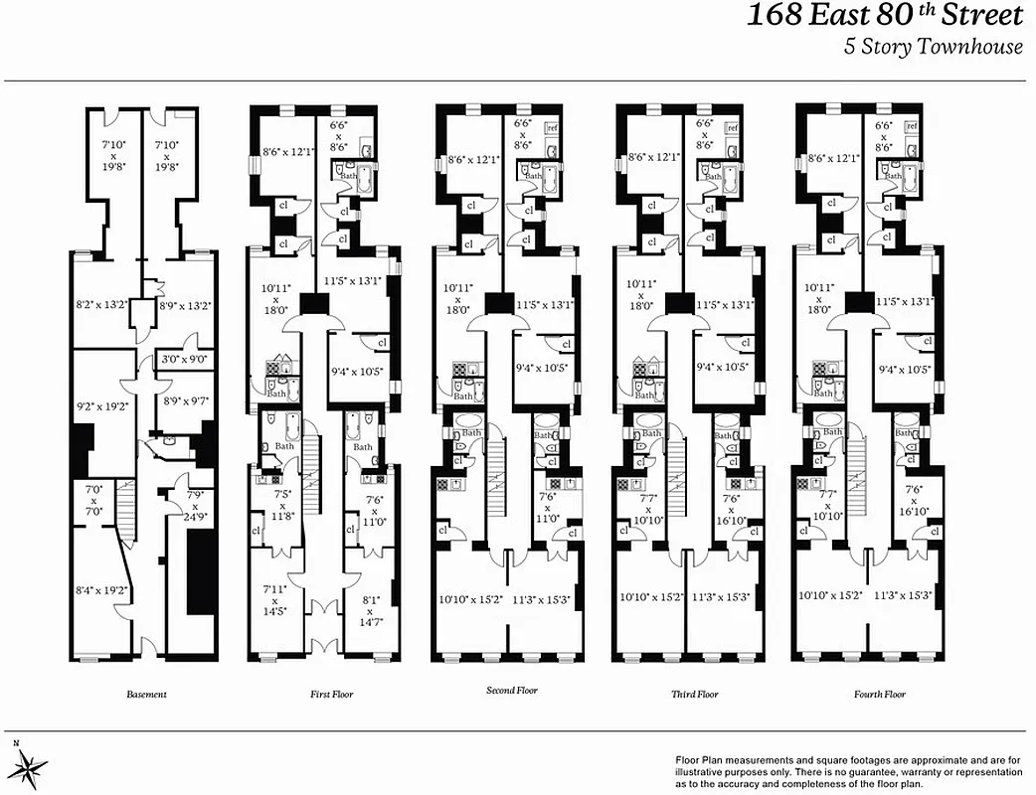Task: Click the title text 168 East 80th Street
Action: point(884,17)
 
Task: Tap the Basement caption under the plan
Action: point(146,695)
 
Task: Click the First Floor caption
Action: point(331,695)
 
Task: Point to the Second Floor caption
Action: point(511,690)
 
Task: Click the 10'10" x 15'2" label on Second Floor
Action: point(469,599)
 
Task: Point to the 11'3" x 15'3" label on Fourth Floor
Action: point(902,596)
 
